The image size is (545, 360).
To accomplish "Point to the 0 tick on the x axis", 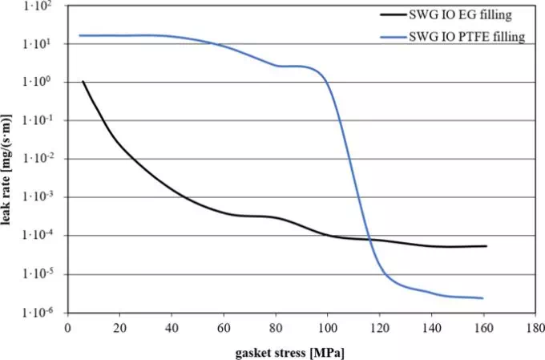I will pos(68,327).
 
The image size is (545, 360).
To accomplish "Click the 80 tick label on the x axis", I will pos(277,327).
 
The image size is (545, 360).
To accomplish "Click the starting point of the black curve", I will pos(83,81).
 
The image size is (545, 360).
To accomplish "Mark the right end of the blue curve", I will pos(483,298).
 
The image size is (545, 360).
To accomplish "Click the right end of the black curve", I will pos(486,246).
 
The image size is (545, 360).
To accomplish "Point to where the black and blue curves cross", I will pos(369,239).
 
